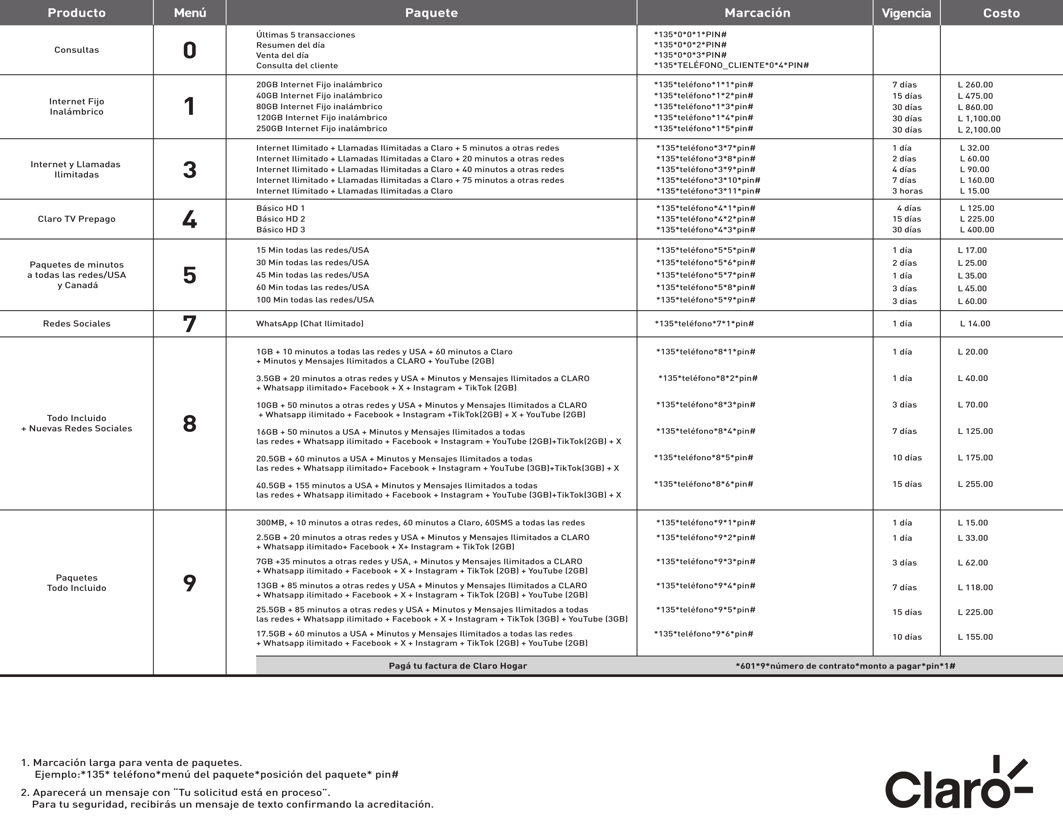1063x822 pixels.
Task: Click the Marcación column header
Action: click(757, 13)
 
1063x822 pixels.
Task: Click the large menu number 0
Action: click(189, 50)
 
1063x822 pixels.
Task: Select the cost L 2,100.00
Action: click(979, 130)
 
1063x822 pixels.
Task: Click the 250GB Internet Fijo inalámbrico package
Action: click(322, 129)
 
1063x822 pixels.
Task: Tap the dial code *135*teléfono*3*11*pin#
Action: click(708, 191)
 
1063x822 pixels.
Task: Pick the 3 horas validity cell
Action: click(907, 191)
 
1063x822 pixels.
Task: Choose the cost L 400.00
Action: click(977, 230)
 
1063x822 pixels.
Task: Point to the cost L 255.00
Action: click(975, 484)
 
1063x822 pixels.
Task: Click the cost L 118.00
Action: click(975, 587)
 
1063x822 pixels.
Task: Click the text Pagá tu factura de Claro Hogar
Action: click(457, 666)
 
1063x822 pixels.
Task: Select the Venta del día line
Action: click(282, 55)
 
